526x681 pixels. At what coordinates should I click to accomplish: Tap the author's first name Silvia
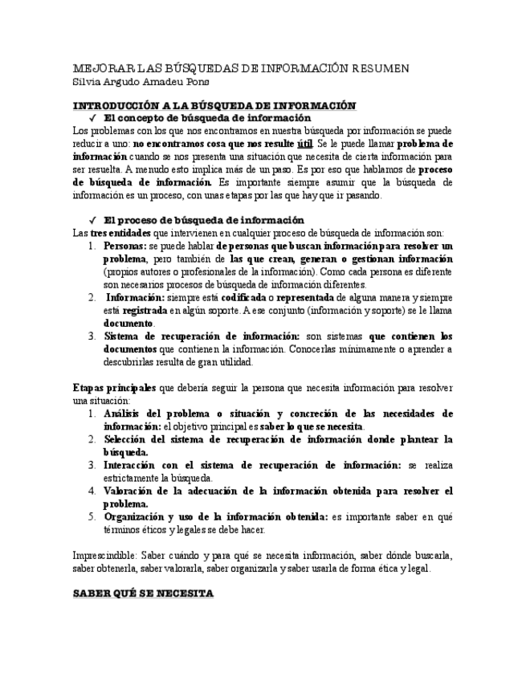click(88, 81)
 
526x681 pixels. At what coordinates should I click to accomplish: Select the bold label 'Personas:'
click(125, 246)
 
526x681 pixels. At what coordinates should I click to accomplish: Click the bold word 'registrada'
click(145, 310)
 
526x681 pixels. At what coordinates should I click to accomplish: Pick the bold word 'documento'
click(128, 323)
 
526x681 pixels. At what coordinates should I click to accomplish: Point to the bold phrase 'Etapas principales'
click(114, 388)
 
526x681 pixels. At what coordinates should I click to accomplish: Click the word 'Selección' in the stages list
click(127, 439)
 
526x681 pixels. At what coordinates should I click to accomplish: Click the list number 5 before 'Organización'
click(92, 516)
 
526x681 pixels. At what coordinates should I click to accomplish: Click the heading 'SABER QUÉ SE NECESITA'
click(143, 593)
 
